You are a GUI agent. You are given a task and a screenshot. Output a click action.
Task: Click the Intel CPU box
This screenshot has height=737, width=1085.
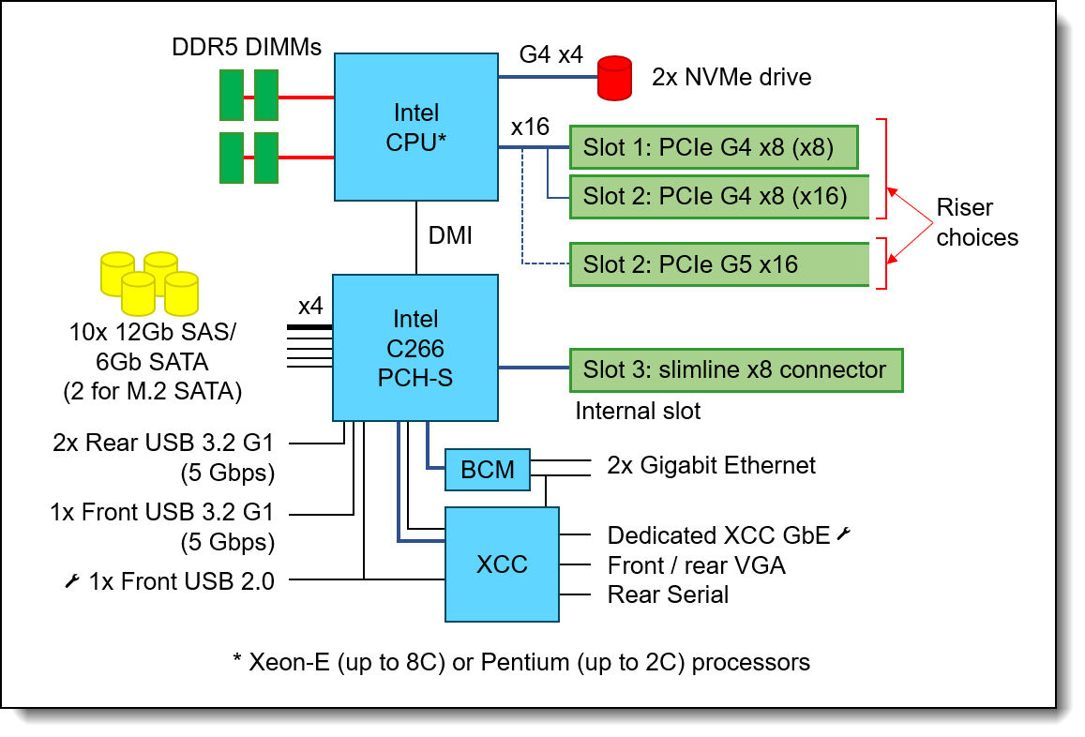[415, 128]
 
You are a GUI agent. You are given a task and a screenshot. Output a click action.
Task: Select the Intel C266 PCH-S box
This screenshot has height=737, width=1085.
[415, 347]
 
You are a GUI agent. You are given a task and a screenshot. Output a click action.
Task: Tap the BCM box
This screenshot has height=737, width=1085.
[487, 469]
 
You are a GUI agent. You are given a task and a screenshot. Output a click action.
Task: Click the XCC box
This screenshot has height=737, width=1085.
[502, 564]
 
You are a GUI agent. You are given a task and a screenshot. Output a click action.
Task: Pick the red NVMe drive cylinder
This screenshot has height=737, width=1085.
[614, 78]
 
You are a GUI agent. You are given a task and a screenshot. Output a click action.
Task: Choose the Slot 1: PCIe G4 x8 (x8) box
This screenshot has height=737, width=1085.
[714, 147]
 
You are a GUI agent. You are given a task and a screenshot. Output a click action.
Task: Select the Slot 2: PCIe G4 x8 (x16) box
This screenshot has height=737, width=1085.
[719, 197]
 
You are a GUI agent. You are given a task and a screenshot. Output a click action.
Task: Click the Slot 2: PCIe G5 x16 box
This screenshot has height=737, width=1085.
[719, 264]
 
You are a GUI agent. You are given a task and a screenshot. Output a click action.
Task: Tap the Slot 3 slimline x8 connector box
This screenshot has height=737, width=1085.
[736, 370]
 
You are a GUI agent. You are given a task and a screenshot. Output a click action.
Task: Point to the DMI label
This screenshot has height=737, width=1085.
[450, 235]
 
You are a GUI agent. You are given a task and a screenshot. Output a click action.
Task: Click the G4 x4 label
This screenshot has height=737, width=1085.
[550, 54]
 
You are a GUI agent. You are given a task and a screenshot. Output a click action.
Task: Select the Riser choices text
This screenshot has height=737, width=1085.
[977, 222]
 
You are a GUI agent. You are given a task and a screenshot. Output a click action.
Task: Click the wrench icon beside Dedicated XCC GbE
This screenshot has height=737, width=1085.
[843, 534]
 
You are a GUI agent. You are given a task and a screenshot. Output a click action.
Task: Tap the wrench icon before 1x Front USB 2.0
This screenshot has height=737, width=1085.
[72, 580]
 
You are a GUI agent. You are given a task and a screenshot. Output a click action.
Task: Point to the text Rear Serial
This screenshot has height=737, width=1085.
[668, 594]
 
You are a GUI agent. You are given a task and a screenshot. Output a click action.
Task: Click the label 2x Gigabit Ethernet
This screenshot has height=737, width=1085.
[712, 465]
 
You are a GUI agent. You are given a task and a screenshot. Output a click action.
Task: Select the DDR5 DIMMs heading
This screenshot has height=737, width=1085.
[247, 47]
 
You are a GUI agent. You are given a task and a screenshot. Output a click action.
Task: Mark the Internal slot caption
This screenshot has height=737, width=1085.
[638, 411]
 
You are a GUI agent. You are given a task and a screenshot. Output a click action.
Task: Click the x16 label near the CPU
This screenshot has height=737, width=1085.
[530, 127]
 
